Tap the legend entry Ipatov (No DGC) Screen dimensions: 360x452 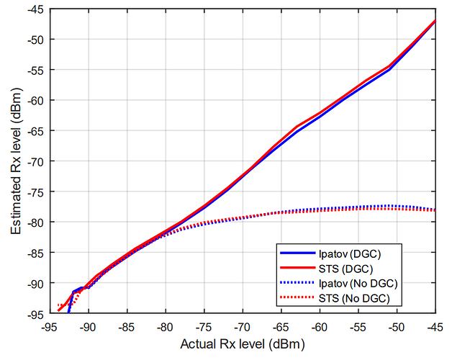(355, 283)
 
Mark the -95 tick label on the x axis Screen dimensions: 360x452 (48, 325)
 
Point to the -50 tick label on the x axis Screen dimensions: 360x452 (396, 325)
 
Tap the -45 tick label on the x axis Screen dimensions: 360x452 (434, 325)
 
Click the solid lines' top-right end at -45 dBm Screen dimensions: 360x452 (434, 21)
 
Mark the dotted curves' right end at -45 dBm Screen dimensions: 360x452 (434, 210)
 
